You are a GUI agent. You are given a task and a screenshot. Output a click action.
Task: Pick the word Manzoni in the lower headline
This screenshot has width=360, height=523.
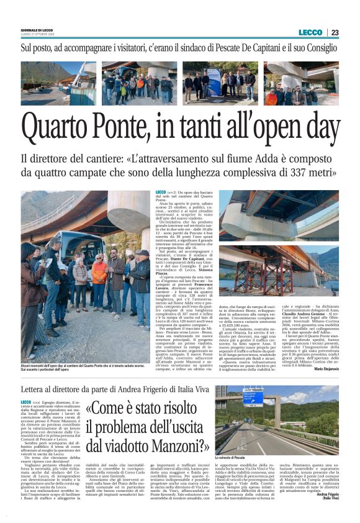point(171,445)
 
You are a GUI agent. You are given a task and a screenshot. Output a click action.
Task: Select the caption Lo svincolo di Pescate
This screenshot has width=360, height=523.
point(235,457)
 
